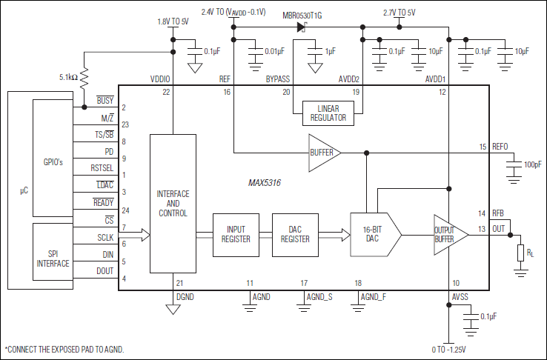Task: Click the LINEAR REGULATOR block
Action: tap(328, 113)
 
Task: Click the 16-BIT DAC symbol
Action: tap(373, 235)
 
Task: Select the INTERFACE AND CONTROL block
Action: tap(173, 204)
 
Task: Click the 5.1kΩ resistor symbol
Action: tap(84, 76)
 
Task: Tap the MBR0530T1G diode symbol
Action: tap(302, 27)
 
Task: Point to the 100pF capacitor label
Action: tap(532, 164)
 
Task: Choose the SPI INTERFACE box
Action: tap(53, 258)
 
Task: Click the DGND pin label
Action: tap(185, 296)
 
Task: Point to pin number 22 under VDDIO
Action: tap(166, 92)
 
